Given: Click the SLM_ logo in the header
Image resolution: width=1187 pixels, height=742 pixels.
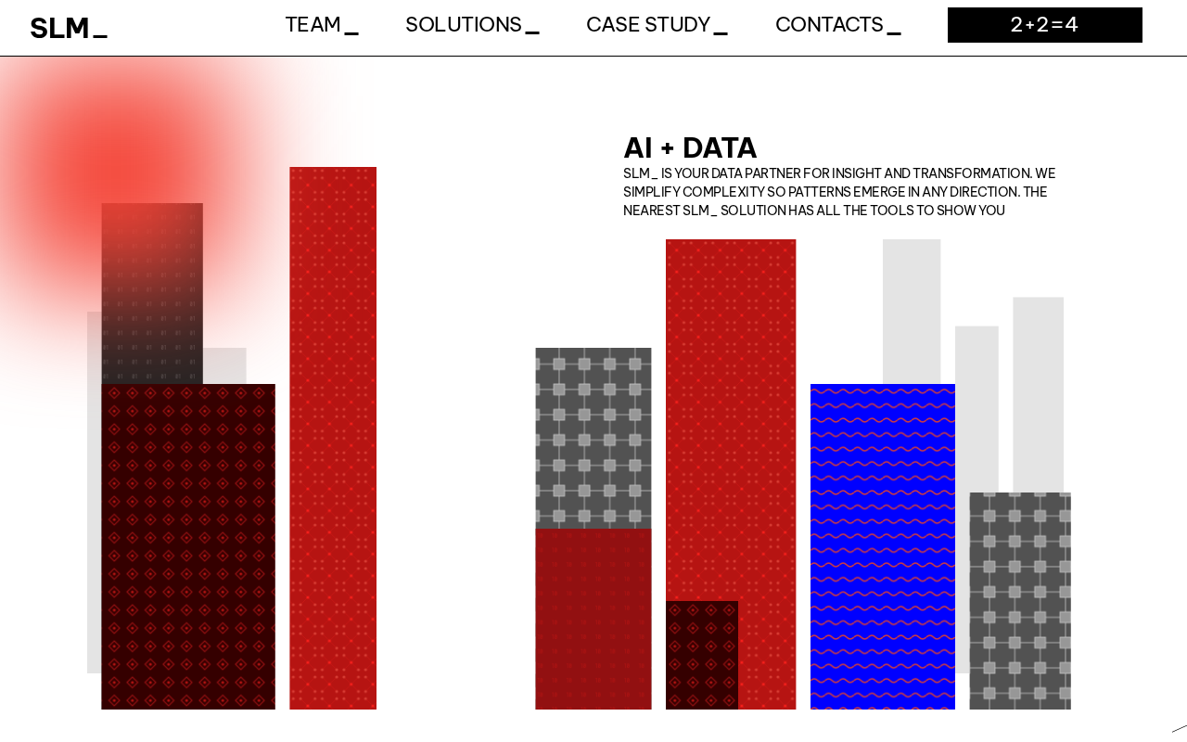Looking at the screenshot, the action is tap(69, 28).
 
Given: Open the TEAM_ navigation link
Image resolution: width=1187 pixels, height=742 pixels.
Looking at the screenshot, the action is tap(322, 25).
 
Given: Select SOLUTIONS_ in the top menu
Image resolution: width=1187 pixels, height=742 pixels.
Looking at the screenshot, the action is tap(472, 25).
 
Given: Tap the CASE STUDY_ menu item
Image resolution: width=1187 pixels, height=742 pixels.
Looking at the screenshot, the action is tap(657, 25).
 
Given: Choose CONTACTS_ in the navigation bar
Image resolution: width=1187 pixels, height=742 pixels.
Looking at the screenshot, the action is tap(837, 25).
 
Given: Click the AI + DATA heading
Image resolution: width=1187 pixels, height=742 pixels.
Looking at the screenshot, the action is tap(690, 147).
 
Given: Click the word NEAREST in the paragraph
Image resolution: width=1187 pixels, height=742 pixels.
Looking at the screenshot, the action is tap(651, 211).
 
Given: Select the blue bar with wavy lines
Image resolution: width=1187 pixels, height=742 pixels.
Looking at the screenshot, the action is tap(882, 546).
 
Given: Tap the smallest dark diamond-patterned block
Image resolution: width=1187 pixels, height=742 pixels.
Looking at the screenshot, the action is tap(702, 655).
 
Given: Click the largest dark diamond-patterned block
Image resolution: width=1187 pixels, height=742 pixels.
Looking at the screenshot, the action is tap(188, 546).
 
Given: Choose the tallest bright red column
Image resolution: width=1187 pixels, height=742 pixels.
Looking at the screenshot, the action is tap(333, 438).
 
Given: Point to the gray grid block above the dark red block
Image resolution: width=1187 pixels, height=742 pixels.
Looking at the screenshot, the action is tap(593, 438).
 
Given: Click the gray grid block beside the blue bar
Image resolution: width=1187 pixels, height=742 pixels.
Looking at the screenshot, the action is tap(1020, 600).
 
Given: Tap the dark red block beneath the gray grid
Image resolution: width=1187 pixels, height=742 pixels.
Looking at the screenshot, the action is tap(593, 619).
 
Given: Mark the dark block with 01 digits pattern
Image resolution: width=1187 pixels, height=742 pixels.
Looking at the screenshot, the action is tap(152, 293).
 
